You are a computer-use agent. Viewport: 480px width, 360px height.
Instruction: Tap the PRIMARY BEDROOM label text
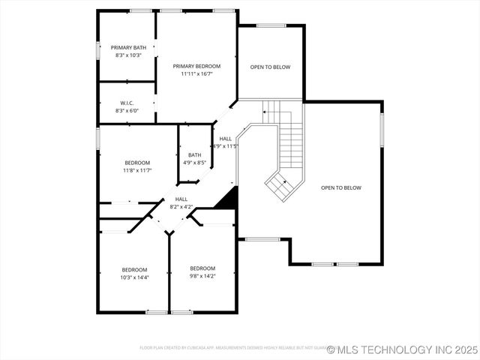point(196,66)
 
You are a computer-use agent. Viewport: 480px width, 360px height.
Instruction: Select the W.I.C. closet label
point(126,103)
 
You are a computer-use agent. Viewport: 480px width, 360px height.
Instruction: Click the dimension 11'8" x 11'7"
point(137,170)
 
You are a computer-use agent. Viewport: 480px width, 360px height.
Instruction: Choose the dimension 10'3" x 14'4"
point(135,277)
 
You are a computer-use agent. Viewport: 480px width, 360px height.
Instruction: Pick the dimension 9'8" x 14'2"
point(202,276)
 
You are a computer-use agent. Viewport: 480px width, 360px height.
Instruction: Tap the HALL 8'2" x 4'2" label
point(181,202)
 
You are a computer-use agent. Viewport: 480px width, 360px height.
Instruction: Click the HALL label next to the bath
point(226,139)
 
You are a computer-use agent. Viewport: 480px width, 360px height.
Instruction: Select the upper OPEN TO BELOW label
point(270,67)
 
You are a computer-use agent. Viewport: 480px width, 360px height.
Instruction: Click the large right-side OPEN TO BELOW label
point(341,187)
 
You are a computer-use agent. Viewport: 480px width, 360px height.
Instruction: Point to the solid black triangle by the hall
point(228,199)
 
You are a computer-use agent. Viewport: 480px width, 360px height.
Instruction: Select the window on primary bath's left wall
point(97,49)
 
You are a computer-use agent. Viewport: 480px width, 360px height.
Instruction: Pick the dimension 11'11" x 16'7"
point(196,73)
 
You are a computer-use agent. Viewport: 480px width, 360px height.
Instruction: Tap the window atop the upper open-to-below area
point(271,25)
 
